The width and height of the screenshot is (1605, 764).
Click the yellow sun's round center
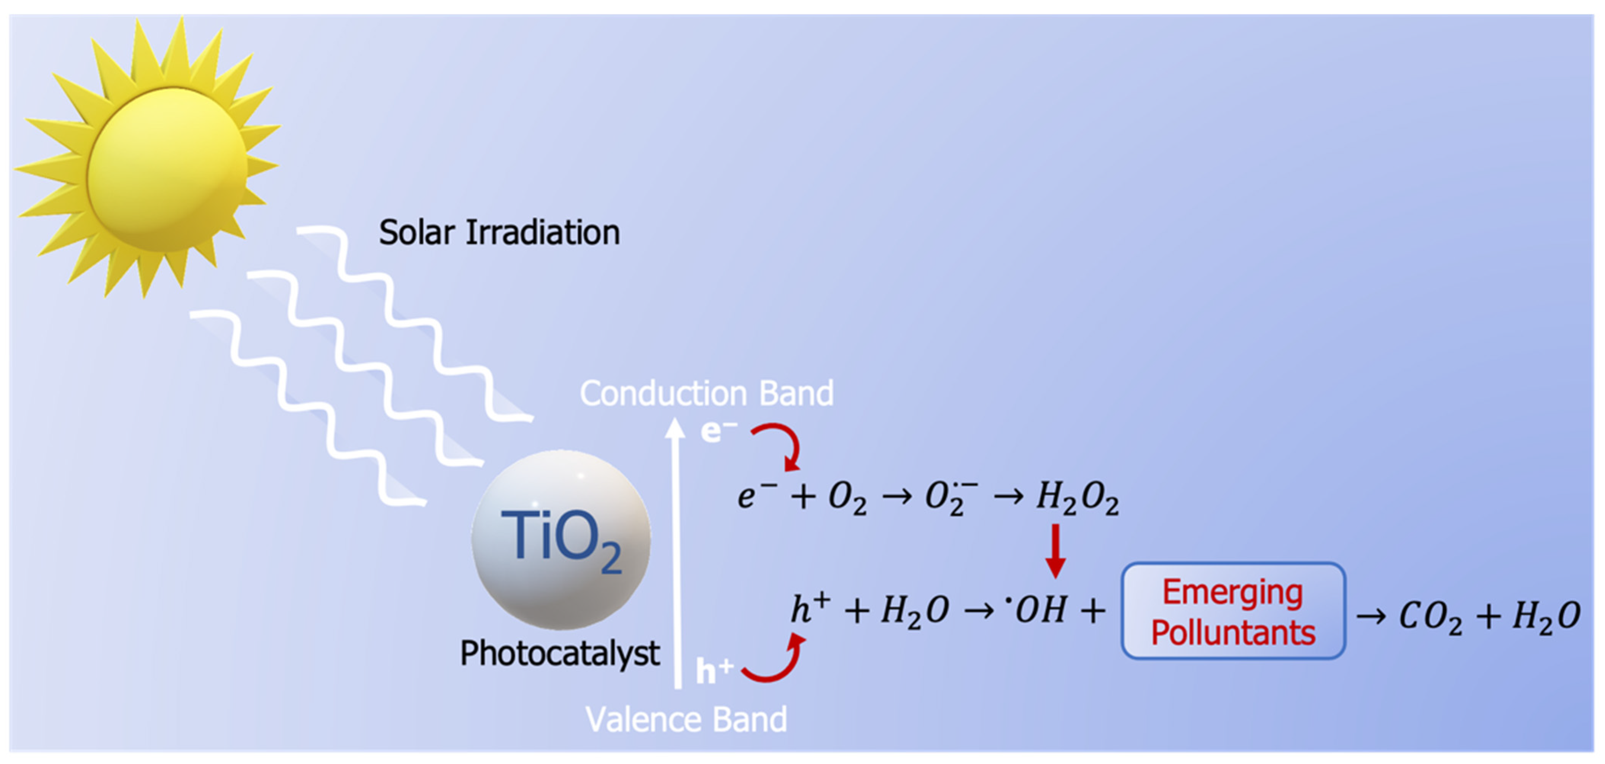coord(167,169)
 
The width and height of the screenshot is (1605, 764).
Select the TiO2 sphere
coord(561,539)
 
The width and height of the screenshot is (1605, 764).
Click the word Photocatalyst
coord(559,653)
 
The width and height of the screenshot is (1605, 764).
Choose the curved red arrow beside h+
coord(776,660)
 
